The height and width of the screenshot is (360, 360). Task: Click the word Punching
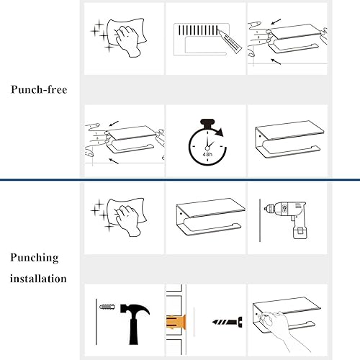(35, 258)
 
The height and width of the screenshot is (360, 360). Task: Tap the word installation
(40, 278)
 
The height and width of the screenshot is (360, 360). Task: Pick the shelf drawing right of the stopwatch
(286, 140)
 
